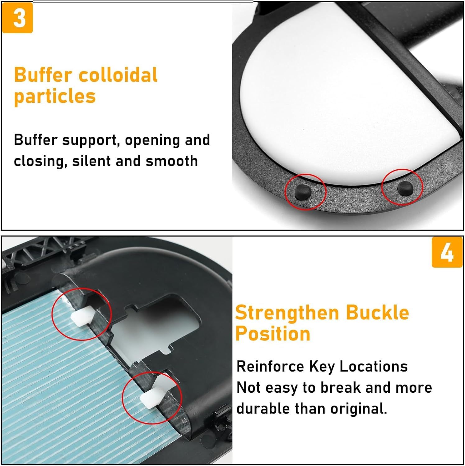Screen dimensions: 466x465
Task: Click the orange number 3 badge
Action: point(18,18)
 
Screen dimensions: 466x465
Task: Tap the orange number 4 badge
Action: point(447,252)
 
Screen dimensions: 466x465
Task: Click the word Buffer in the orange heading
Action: point(43,75)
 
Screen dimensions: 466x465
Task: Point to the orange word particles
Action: point(55,96)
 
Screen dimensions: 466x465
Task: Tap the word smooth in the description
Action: point(171,161)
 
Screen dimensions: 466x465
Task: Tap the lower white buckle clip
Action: point(151,397)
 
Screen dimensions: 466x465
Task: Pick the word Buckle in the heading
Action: point(377,313)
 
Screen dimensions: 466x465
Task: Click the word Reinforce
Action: point(270,367)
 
